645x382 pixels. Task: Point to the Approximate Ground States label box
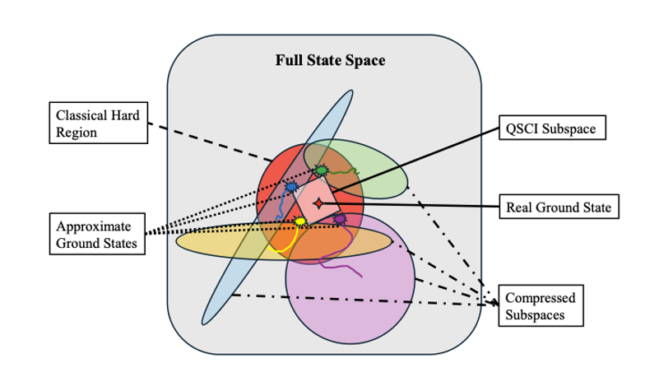(95, 233)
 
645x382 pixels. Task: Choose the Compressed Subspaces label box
(539, 305)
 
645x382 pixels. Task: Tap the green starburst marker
(320, 171)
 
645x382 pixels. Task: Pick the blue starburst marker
(291, 189)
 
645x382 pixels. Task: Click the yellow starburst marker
(300, 221)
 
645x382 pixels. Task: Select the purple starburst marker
(339, 219)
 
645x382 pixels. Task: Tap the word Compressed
(540, 298)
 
